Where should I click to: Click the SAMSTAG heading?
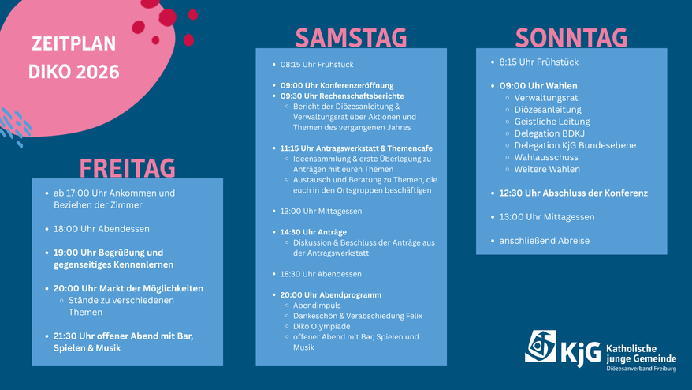[351, 38]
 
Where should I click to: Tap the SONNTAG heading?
[571, 38]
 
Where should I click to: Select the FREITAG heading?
[127, 168]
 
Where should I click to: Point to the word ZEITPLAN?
[74, 43]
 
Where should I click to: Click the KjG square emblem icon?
[540, 346]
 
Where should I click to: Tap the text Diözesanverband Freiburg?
[641, 369]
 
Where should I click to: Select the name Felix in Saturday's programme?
[414, 316]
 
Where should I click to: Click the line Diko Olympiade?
[322, 326]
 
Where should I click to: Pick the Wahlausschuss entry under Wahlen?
[546, 157]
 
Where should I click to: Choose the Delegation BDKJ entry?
[549, 133]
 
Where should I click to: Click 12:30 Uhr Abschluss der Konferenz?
[573, 193]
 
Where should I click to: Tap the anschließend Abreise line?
[544, 241]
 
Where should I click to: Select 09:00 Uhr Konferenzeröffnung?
[337, 85]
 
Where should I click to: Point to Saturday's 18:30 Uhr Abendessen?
[321, 274]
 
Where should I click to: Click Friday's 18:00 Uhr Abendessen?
[102, 229]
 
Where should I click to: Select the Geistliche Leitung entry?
[552, 122]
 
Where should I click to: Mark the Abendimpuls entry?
[317, 306]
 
